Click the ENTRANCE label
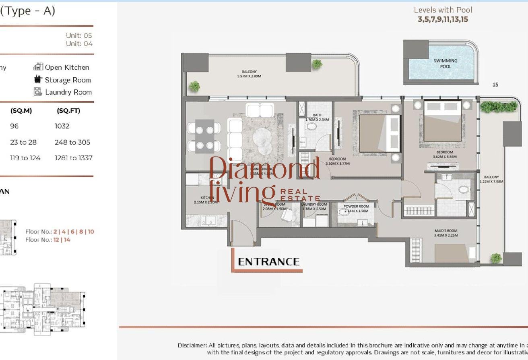[268, 262]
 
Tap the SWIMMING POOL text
[445, 64]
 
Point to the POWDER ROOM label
[356, 206]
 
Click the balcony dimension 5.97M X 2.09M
[249, 76]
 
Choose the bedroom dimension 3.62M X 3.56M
[445, 157]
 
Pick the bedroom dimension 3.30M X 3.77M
[337, 164]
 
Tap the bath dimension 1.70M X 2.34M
[317, 120]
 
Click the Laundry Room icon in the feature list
[38, 92]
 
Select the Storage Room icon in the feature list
[38, 79]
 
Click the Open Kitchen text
[67, 67]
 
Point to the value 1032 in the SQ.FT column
[62, 126]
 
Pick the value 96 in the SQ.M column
[14, 126]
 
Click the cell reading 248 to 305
[72, 142]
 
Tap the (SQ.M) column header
[21, 111]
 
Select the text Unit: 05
[79, 35]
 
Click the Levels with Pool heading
[443, 10]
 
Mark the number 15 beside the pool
[495, 85]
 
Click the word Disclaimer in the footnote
[192, 345]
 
